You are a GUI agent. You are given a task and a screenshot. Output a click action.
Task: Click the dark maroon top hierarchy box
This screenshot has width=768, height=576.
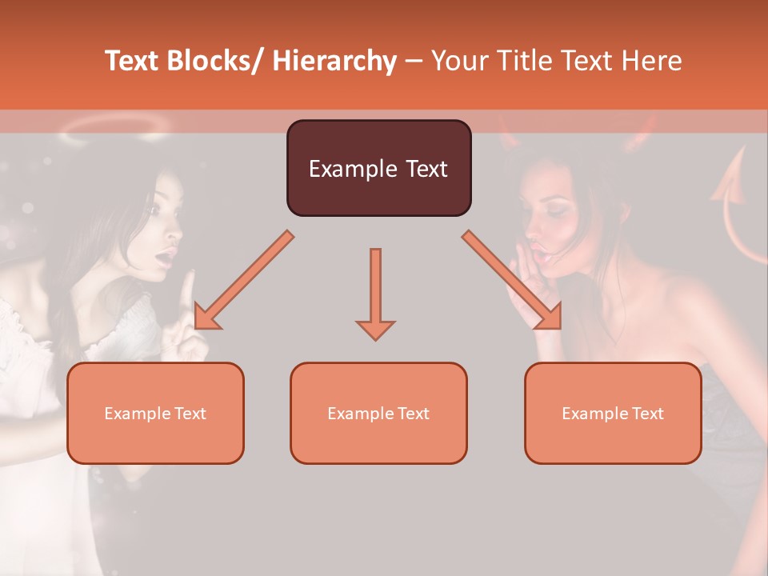[x=378, y=168]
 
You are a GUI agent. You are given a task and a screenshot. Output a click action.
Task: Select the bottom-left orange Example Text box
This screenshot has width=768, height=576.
[x=155, y=413]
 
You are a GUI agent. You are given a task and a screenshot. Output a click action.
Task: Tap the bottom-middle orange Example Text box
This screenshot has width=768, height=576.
[x=378, y=413]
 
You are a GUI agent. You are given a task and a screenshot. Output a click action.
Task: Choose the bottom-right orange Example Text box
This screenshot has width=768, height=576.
[x=613, y=413]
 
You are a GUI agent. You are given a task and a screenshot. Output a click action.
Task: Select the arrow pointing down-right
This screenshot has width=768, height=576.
[x=513, y=281]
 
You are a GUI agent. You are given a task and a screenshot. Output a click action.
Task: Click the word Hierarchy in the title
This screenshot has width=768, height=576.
[x=334, y=61]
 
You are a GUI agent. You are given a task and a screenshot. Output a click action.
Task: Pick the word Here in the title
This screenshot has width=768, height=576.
[x=652, y=61]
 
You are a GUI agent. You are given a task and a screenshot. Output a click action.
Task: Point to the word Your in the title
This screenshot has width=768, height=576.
[x=459, y=61]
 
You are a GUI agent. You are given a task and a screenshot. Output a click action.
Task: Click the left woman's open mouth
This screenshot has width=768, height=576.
[x=166, y=258]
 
